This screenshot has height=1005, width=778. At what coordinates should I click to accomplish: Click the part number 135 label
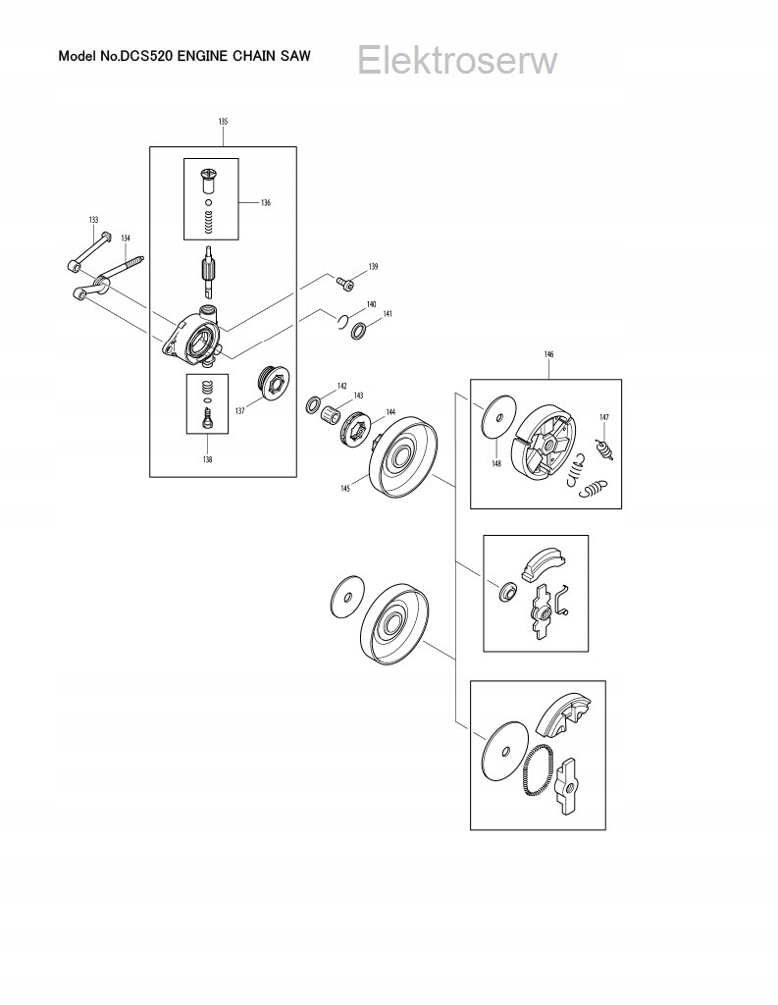tap(223, 122)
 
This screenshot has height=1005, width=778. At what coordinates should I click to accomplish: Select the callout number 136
tap(265, 203)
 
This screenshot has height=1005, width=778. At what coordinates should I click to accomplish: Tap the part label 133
tap(93, 220)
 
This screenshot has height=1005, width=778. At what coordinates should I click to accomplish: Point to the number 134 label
tap(126, 238)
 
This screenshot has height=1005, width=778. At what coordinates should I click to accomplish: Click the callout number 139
tap(373, 267)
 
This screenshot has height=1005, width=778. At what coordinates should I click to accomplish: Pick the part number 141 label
tap(388, 315)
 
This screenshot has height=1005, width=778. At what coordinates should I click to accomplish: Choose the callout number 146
tap(547, 352)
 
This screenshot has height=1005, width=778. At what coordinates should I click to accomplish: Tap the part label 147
tap(604, 418)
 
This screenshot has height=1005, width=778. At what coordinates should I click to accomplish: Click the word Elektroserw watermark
tap(457, 61)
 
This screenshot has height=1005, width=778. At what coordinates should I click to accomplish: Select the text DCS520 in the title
tap(146, 56)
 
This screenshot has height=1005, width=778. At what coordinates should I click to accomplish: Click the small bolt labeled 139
tap(345, 283)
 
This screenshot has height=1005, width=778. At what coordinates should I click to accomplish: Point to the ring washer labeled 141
tap(360, 331)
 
